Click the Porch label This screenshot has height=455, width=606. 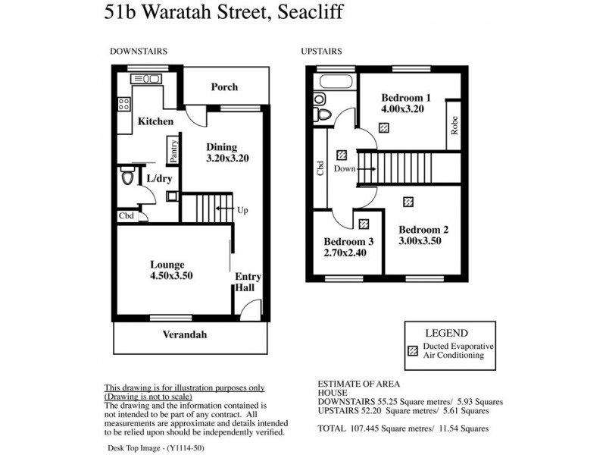click(x=223, y=87)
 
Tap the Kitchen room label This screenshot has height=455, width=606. click(x=155, y=121)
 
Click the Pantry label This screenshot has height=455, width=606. click(x=173, y=151)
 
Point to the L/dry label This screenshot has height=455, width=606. click(x=159, y=178)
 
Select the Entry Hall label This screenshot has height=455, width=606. click(x=248, y=282)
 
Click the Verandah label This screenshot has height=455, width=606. click(x=184, y=334)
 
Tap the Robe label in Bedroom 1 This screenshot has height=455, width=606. click(x=454, y=124)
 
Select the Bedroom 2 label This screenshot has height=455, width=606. click(x=424, y=235)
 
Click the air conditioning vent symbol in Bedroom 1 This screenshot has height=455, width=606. click(x=384, y=128)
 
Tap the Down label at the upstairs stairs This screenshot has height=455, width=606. click(x=345, y=169)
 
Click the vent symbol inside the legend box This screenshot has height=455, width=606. click(x=414, y=351)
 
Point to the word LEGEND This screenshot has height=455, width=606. click(x=446, y=333)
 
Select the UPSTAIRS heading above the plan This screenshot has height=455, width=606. click(x=321, y=52)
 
